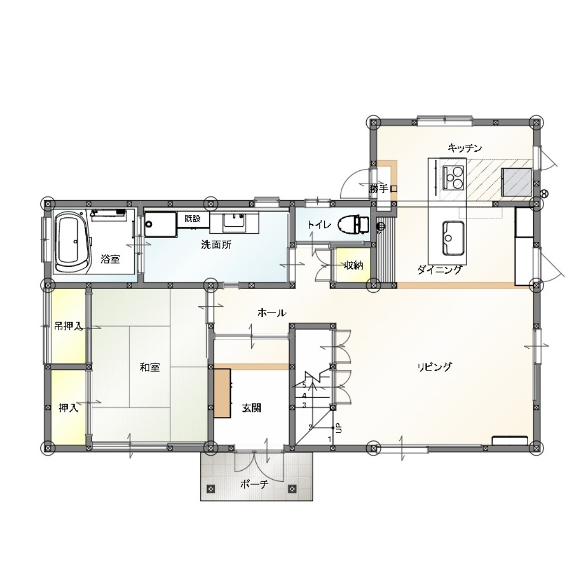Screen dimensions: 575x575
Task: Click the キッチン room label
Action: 465,148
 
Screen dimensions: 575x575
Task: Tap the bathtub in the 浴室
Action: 73,242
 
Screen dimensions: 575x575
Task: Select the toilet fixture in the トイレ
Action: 354,225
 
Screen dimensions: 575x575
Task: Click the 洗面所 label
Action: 216,244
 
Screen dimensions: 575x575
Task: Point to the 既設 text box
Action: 193,219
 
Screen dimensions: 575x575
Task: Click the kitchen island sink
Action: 453,238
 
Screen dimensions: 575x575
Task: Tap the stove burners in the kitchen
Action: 453,177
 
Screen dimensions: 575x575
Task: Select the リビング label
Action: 434,367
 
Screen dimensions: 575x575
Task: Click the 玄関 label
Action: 251,407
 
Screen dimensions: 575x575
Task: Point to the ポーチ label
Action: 254,484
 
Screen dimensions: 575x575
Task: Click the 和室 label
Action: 150,367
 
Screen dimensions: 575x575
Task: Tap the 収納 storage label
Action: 354,266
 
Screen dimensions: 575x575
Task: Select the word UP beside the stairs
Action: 339,428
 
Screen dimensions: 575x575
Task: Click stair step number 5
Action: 304,385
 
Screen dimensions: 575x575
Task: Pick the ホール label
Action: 272,313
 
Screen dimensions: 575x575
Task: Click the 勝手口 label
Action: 383,189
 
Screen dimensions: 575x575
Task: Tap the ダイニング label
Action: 439,270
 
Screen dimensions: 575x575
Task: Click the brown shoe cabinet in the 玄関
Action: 222,393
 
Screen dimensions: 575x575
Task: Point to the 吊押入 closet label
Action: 68,326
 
